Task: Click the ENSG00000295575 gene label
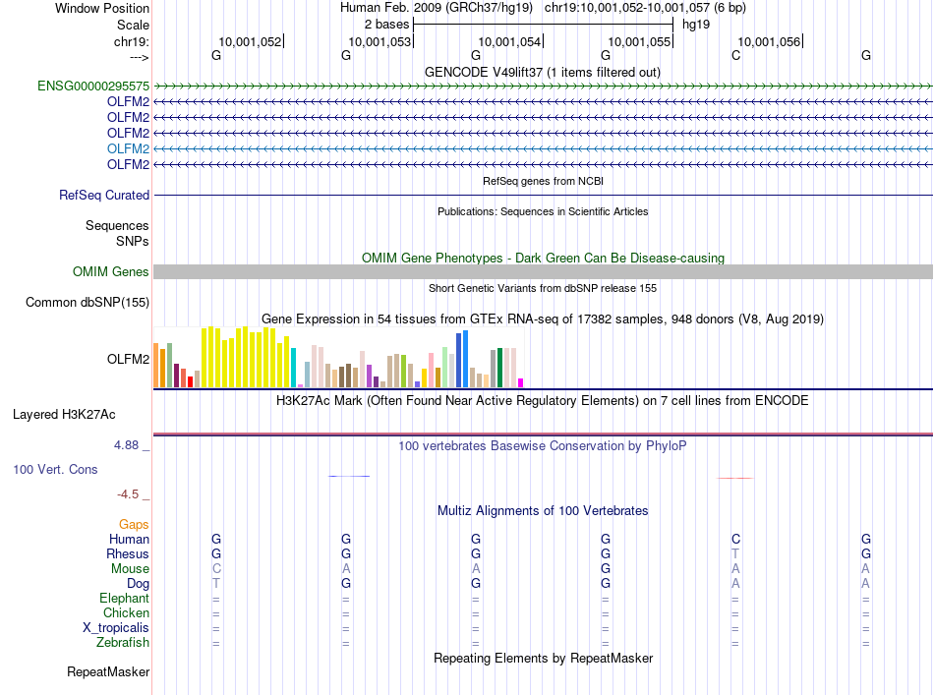[93, 87]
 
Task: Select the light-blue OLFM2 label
[128, 148]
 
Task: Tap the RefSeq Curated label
[104, 196]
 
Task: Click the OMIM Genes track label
[111, 272]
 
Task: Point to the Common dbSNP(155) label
[88, 303]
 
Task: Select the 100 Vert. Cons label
[55, 470]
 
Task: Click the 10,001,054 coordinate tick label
[509, 42]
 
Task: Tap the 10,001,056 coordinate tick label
[769, 42]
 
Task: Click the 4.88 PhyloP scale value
[128, 445]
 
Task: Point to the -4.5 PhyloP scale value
[131, 494]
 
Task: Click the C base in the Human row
[735, 540]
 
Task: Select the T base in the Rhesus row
[735, 554]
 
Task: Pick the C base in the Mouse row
[216, 569]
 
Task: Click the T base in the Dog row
[216, 584]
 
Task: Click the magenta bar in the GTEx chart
[521, 382]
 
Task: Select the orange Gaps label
[134, 525]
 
